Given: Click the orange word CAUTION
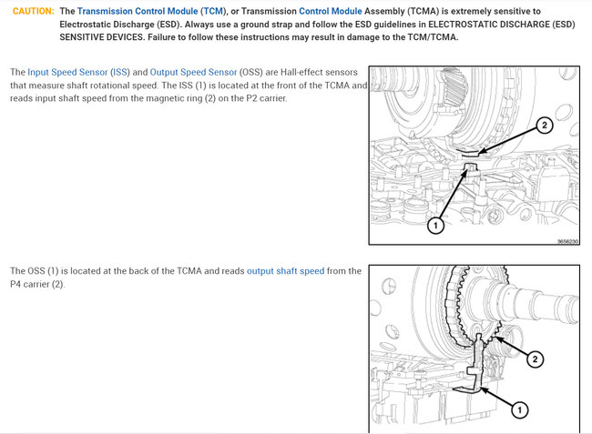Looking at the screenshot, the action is [33, 11].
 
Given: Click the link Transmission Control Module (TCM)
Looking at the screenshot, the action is [151, 11].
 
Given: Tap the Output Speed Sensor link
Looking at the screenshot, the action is [193, 72].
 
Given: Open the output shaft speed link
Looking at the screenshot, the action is [285, 271].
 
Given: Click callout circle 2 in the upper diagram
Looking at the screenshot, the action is [544, 126].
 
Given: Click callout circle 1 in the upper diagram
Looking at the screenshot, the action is [435, 225].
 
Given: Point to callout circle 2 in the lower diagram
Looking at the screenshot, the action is [535, 359].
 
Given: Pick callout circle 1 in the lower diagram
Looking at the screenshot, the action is [519, 409].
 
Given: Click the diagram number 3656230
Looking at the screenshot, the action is [567, 241].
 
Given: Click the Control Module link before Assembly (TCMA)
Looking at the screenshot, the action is [331, 11].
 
